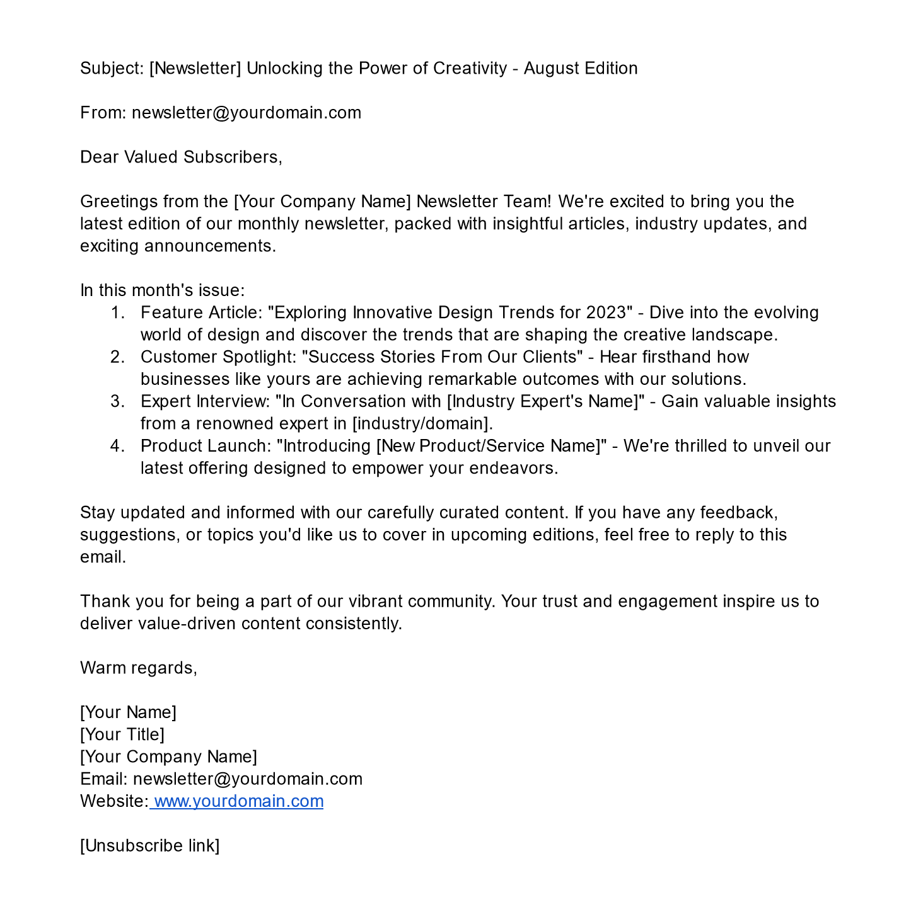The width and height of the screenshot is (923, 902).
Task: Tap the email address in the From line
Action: click(x=247, y=113)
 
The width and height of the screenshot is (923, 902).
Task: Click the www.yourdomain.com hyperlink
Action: click(x=238, y=801)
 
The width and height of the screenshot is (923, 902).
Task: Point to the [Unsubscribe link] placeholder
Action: click(x=150, y=845)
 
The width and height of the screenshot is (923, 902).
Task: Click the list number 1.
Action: click(x=117, y=312)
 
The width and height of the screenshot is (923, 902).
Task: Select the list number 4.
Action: click(x=117, y=446)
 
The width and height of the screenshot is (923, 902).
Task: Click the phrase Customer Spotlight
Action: click(x=218, y=357)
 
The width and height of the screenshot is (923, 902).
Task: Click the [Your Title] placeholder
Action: click(x=122, y=734)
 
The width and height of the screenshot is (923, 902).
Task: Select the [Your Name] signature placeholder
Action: click(x=129, y=712)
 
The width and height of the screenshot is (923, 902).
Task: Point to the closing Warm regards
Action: click(x=139, y=668)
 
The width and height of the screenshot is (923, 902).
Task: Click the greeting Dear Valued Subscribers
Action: click(x=181, y=157)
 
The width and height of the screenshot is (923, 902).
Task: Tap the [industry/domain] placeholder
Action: click(x=422, y=423)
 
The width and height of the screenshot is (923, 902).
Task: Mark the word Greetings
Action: click(x=119, y=202)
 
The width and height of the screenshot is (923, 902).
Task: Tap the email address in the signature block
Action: click(x=248, y=779)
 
